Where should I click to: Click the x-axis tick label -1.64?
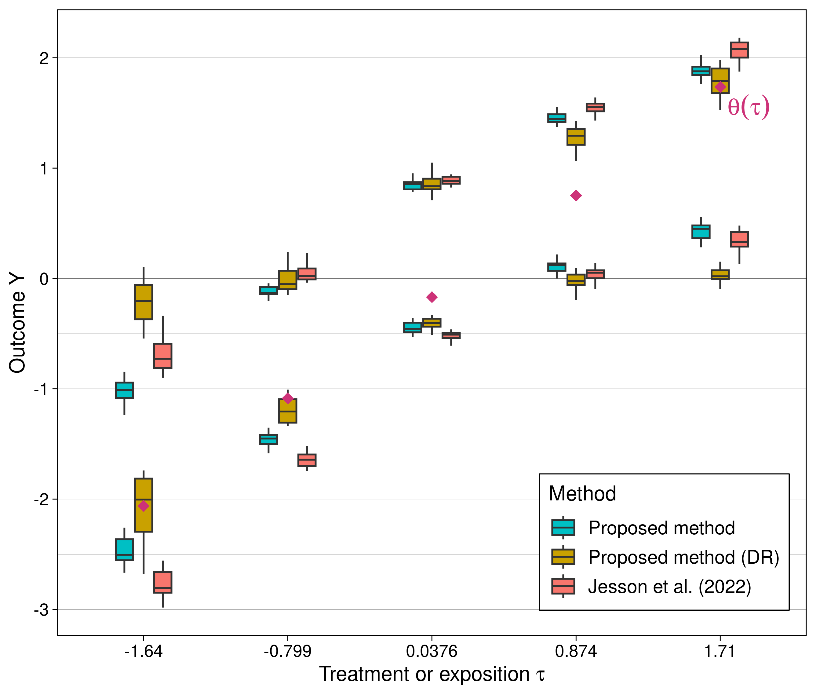point(143,652)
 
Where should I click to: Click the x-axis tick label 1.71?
point(720,652)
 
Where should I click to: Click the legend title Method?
point(582,494)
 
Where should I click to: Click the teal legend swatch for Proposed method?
point(563,528)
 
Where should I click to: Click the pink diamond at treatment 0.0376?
point(432,297)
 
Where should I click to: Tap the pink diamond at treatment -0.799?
point(288,398)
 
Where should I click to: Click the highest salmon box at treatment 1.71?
point(739,50)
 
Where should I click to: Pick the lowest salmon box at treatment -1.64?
point(163,582)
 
